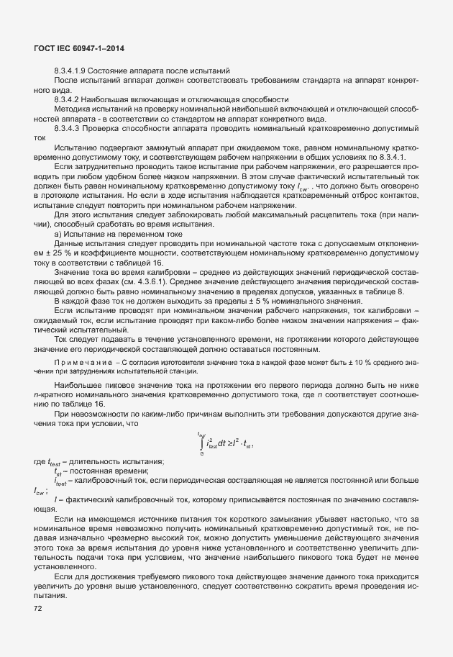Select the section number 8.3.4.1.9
[70, 71]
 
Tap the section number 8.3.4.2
[67, 99]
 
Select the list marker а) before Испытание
[58, 233]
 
